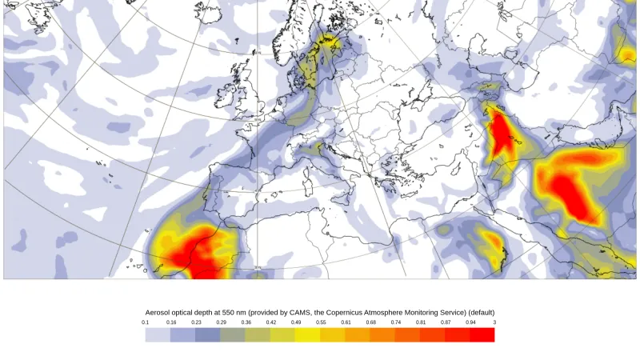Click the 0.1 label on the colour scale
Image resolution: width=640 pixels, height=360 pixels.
(x=146, y=322)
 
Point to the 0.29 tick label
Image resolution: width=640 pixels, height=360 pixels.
(x=221, y=322)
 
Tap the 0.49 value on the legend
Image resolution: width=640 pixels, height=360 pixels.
(x=296, y=322)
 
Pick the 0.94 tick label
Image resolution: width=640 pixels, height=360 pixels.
(x=470, y=322)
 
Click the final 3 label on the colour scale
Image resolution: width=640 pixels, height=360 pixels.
(x=494, y=322)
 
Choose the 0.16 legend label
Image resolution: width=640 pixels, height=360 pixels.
(x=171, y=322)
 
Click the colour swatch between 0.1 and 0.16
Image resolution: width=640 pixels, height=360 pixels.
(x=158, y=334)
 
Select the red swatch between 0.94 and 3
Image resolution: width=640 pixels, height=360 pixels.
(x=482, y=334)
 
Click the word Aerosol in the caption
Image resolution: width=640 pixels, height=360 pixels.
(x=159, y=312)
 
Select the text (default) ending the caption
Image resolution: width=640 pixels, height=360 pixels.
(x=479, y=312)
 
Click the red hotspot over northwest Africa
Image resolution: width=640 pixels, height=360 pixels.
(x=196, y=254)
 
